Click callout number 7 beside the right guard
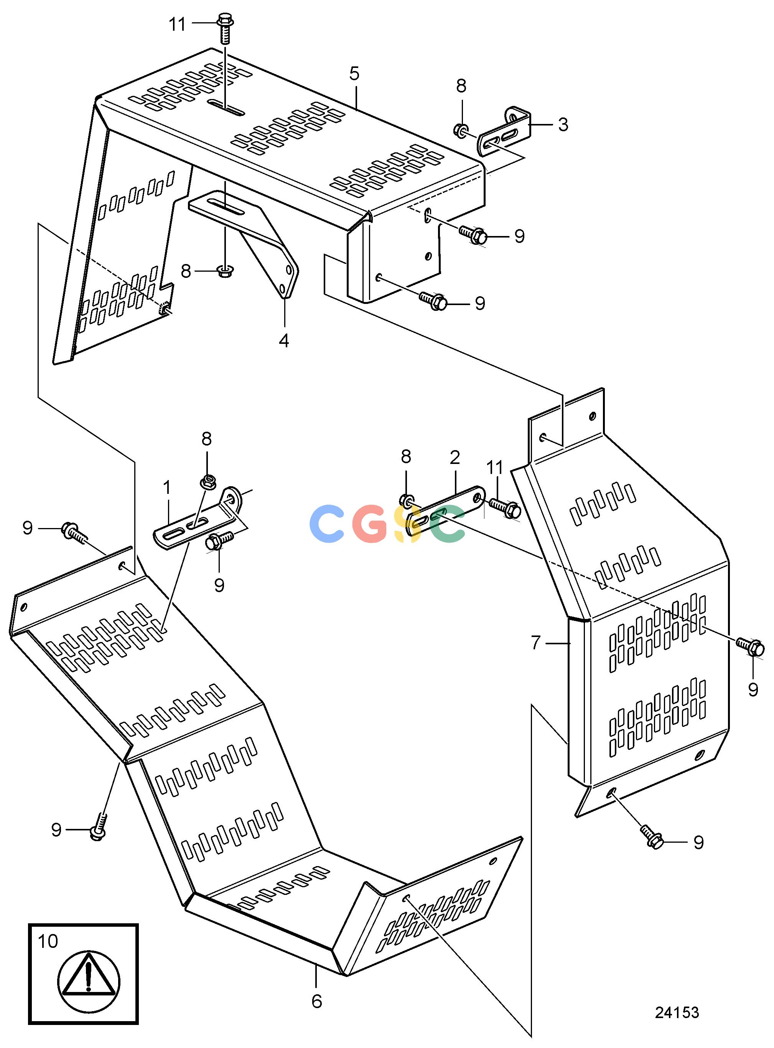pyautogui.click(x=536, y=643)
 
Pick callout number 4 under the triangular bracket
pyautogui.click(x=284, y=341)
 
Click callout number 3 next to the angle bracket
pyautogui.click(x=563, y=124)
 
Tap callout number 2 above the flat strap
pyautogui.click(x=455, y=457)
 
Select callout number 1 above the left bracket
pyautogui.click(x=167, y=488)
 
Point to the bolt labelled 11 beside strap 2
pyautogui.click(x=505, y=508)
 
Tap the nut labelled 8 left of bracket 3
pyautogui.click(x=461, y=129)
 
